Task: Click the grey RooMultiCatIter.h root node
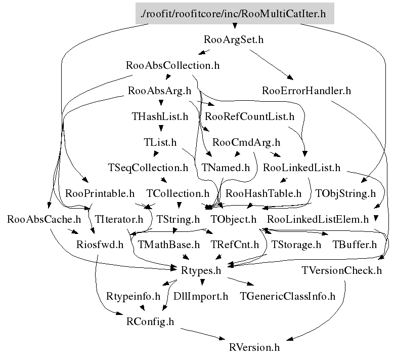235,14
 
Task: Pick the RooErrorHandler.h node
307,91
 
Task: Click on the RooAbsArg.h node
159,91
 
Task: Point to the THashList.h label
160,116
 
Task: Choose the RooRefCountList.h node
250,116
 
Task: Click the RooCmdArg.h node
246,142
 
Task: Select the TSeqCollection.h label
148,167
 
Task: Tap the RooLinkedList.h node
302,167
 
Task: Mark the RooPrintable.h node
100,193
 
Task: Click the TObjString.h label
345,193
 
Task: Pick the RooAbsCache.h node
44,219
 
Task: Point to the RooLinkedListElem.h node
318,219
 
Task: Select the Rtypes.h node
201,270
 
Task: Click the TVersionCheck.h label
341,270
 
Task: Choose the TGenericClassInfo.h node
288,296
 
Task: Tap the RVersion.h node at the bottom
254,348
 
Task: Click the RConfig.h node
150,322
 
